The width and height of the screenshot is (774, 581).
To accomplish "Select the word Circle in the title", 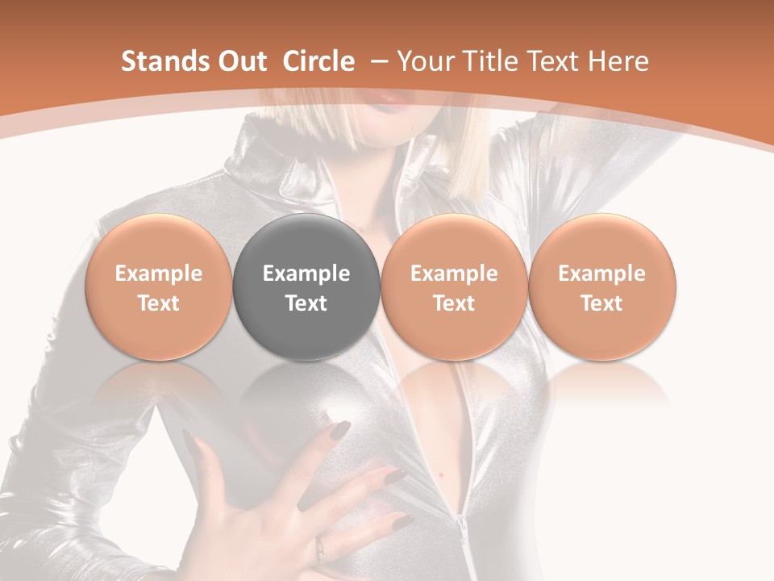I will (x=318, y=61).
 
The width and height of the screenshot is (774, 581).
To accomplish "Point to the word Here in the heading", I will (x=618, y=61).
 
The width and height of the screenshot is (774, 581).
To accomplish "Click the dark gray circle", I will (x=306, y=287).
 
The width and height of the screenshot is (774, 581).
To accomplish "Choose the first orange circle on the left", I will (x=159, y=287).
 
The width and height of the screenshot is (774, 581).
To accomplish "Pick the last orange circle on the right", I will (x=601, y=287).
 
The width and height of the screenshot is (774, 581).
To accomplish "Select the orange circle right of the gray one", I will (x=454, y=287).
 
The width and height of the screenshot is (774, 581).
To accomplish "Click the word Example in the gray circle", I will (x=306, y=274).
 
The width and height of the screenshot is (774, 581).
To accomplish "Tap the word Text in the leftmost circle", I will (x=159, y=303).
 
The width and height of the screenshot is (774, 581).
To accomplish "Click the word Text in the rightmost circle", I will (x=601, y=303).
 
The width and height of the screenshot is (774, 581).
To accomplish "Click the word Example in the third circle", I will (x=454, y=274).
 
